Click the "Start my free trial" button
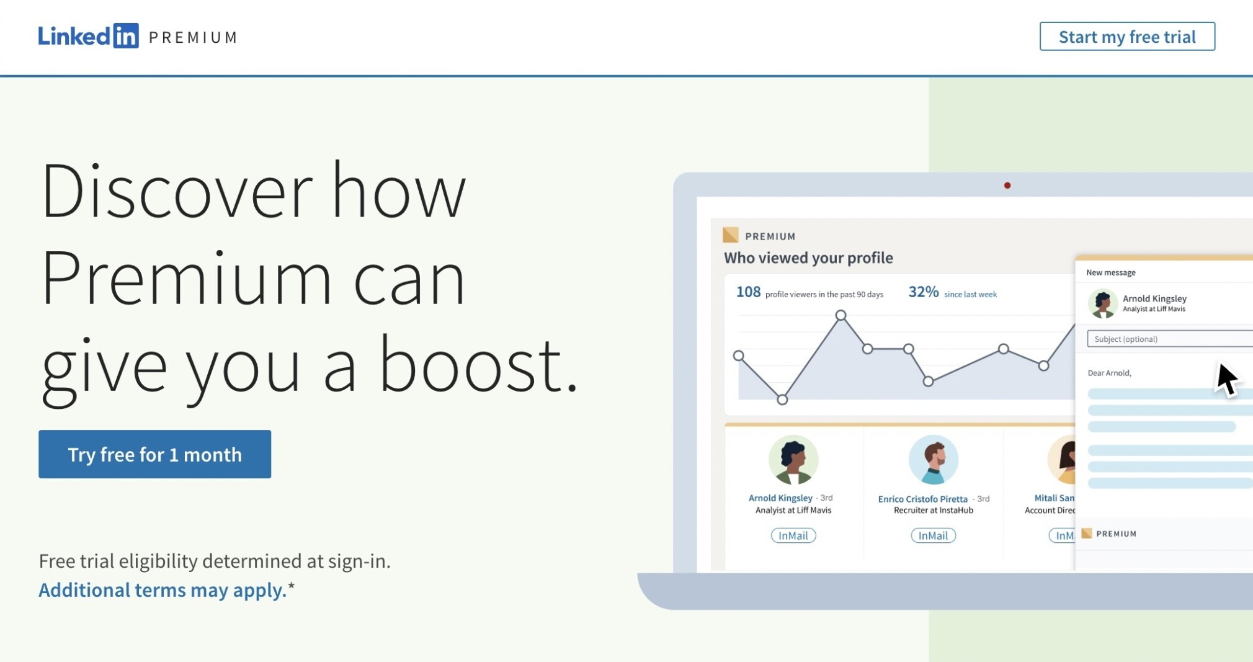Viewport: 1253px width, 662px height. [1127, 37]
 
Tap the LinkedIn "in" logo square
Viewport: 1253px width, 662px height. [126, 36]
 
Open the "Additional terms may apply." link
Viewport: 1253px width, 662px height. [163, 589]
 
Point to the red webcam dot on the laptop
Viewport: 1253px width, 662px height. [1007, 186]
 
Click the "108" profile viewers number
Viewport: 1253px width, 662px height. [748, 292]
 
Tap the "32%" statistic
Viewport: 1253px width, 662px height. [924, 292]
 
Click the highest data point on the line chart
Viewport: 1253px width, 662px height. [841, 315]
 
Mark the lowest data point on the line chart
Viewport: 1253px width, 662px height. [782, 400]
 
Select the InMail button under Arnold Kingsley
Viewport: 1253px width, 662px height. [793, 535]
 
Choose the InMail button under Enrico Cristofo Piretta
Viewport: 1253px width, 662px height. [933, 535]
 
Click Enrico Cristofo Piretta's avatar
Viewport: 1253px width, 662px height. [934, 460]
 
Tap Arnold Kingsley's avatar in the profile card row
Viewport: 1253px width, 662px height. [793, 460]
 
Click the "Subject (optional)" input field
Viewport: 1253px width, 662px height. [1170, 339]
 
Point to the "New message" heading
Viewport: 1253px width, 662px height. [1111, 272]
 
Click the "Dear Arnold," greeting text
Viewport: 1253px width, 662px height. [1110, 373]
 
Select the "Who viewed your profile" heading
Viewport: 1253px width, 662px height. [808, 257]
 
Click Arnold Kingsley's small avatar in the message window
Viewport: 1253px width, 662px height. [1103, 303]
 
